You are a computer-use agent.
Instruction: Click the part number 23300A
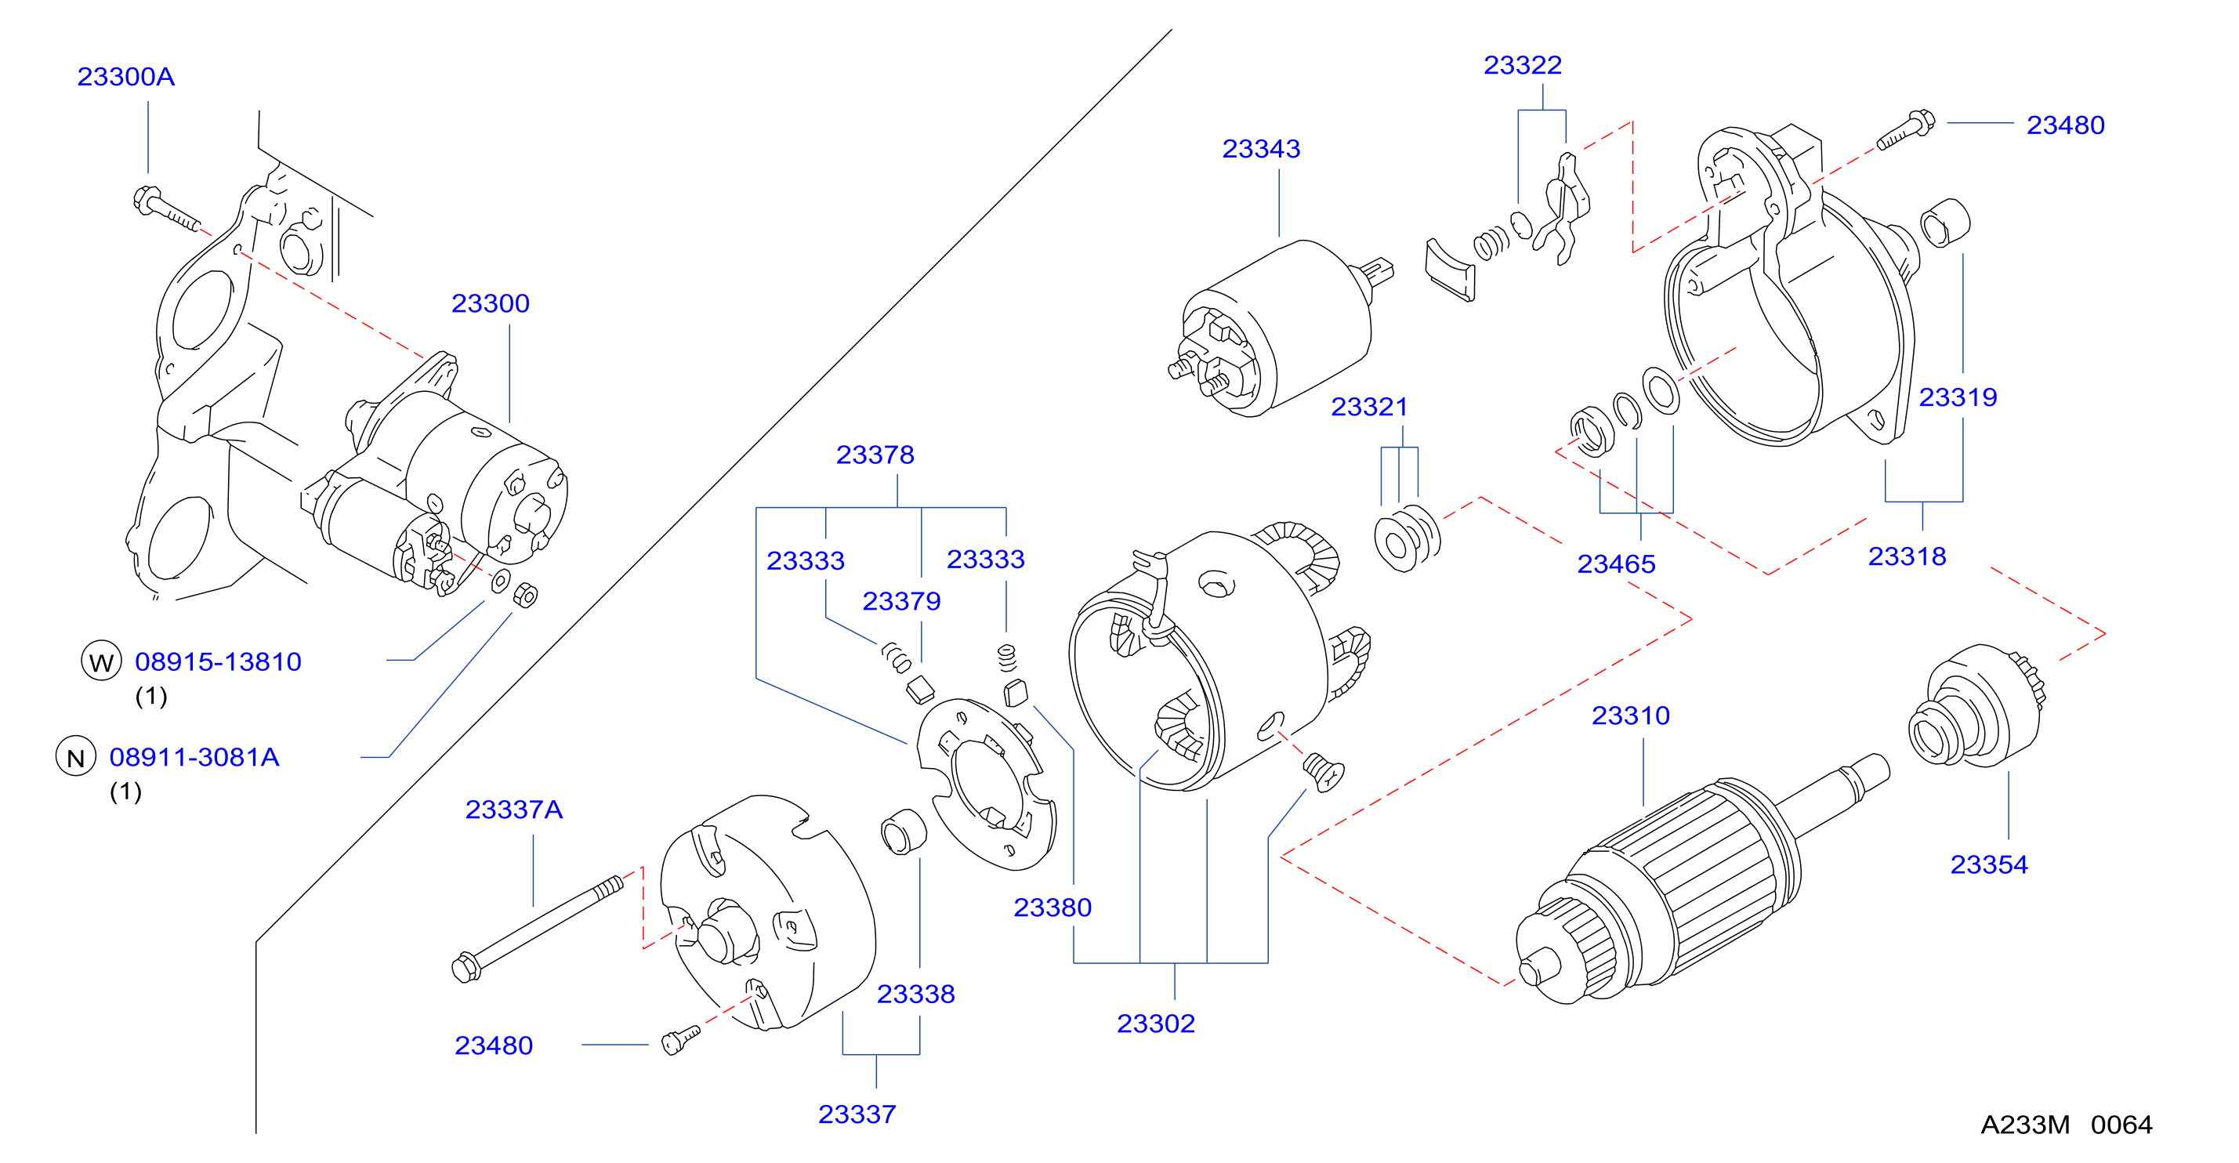[126, 77]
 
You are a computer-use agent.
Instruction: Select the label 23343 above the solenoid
[1261, 149]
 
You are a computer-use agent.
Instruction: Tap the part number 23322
[1523, 65]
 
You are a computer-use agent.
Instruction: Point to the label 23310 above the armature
[1631, 716]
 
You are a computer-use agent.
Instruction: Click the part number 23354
[1989, 865]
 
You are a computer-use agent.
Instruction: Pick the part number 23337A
[513, 810]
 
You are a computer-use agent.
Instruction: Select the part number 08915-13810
[218, 662]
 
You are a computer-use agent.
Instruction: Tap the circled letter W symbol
[101, 661]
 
